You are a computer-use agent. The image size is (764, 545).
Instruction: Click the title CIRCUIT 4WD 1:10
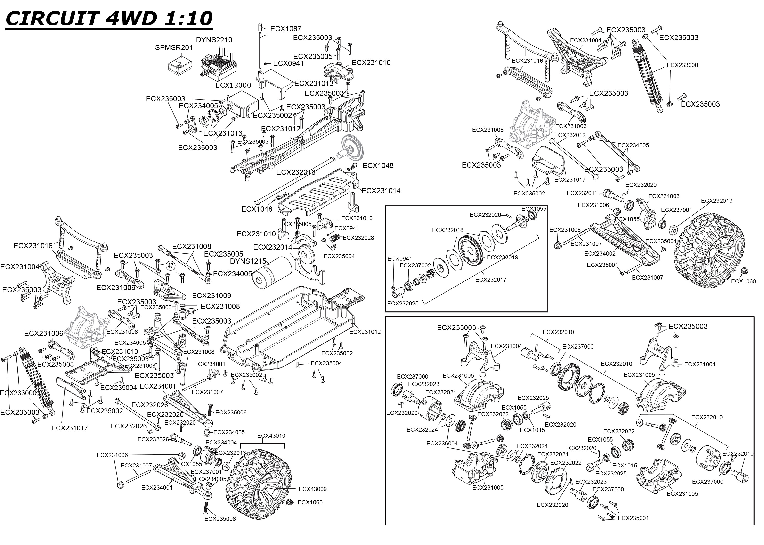click(x=109, y=18)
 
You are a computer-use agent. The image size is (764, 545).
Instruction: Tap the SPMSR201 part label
click(x=174, y=48)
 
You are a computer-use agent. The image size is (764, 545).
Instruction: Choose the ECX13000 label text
click(x=233, y=85)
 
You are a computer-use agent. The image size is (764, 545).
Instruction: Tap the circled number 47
click(x=171, y=266)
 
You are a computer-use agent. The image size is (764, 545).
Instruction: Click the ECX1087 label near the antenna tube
click(x=285, y=29)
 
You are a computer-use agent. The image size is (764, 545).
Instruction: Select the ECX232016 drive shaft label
click(x=296, y=172)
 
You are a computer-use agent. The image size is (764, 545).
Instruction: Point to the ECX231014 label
click(x=381, y=191)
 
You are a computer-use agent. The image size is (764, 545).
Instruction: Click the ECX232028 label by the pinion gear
click(x=358, y=238)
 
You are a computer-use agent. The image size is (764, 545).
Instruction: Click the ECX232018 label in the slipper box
click(x=447, y=230)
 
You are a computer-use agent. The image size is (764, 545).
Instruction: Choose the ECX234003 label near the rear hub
click(x=664, y=196)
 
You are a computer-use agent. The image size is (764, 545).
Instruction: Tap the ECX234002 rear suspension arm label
click(x=600, y=254)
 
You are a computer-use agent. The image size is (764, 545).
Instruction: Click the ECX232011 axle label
click(x=582, y=193)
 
